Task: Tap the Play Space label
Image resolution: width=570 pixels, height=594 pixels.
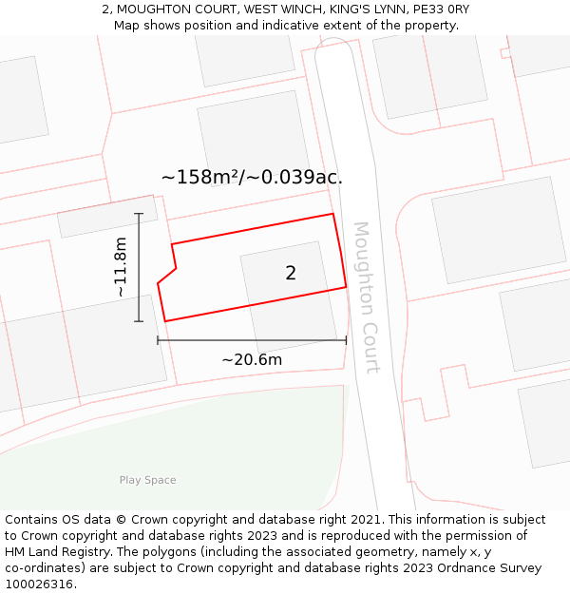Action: tap(147, 480)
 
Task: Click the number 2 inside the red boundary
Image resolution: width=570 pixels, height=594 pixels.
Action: tap(291, 274)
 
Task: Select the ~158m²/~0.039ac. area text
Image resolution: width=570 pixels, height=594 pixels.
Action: tap(252, 177)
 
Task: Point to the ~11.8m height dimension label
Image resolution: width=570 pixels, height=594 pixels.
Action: tap(121, 267)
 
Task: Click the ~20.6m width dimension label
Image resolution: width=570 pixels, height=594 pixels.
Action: tap(252, 360)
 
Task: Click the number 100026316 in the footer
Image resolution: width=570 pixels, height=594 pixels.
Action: tap(41, 584)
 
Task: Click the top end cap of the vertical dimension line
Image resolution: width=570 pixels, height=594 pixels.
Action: tap(139, 214)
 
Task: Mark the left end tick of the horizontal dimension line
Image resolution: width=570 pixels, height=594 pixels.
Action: tap(158, 340)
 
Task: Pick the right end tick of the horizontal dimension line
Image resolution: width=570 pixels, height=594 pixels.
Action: tap(346, 340)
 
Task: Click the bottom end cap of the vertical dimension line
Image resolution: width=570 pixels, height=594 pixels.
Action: tap(139, 321)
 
